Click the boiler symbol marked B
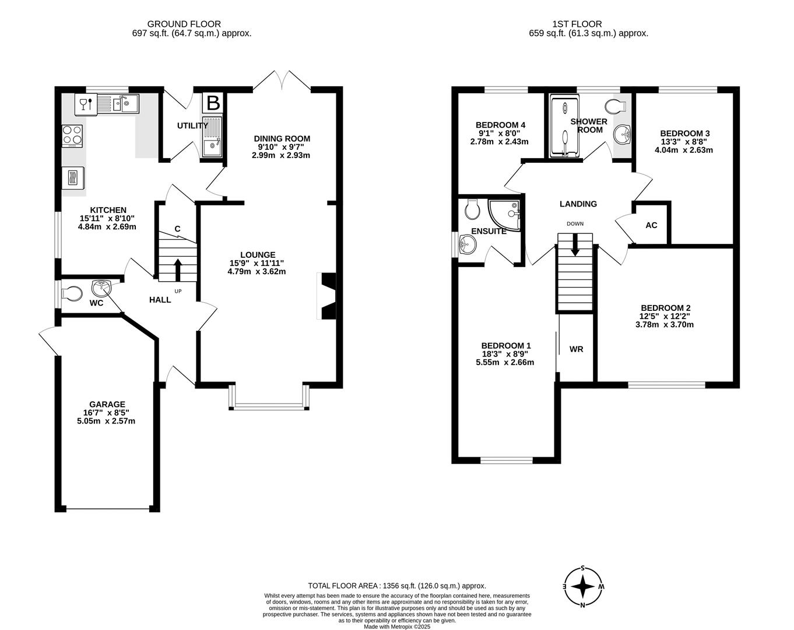pyautogui.click(x=213, y=103)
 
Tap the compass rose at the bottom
pyautogui.click(x=583, y=586)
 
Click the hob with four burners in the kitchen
pyautogui.click(x=73, y=136)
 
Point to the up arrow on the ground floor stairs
pyautogui.click(x=178, y=269)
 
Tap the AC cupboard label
pyautogui.click(x=651, y=225)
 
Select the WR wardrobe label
pyautogui.click(x=576, y=349)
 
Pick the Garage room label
pyautogui.click(x=107, y=404)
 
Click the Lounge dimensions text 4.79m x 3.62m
pyautogui.click(x=257, y=271)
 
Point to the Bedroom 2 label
pyautogui.click(x=665, y=308)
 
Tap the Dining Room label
pyautogui.click(x=282, y=138)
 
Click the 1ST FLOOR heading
pyautogui.click(x=577, y=24)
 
